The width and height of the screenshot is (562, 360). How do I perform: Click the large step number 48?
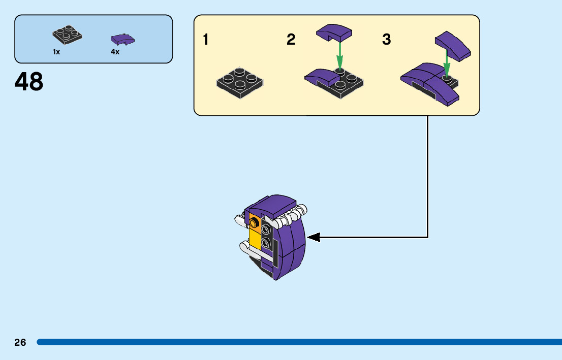(29, 82)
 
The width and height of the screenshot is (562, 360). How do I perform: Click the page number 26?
(20, 342)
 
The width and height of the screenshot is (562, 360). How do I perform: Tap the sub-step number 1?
(206, 40)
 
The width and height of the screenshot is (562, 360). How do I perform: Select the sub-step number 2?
(291, 40)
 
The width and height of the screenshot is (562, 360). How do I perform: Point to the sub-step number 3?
(387, 40)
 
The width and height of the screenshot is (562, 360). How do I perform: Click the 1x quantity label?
(56, 52)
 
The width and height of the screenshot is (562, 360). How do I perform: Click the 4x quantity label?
(115, 52)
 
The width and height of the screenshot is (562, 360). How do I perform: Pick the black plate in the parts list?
(67, 35)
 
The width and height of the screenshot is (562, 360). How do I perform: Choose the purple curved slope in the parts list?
(122, 39)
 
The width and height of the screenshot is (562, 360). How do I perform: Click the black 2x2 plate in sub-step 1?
(240, 81)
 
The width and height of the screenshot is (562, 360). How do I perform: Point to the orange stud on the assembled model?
(254, 223)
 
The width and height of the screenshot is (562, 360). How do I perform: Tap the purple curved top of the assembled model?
(272, 205)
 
